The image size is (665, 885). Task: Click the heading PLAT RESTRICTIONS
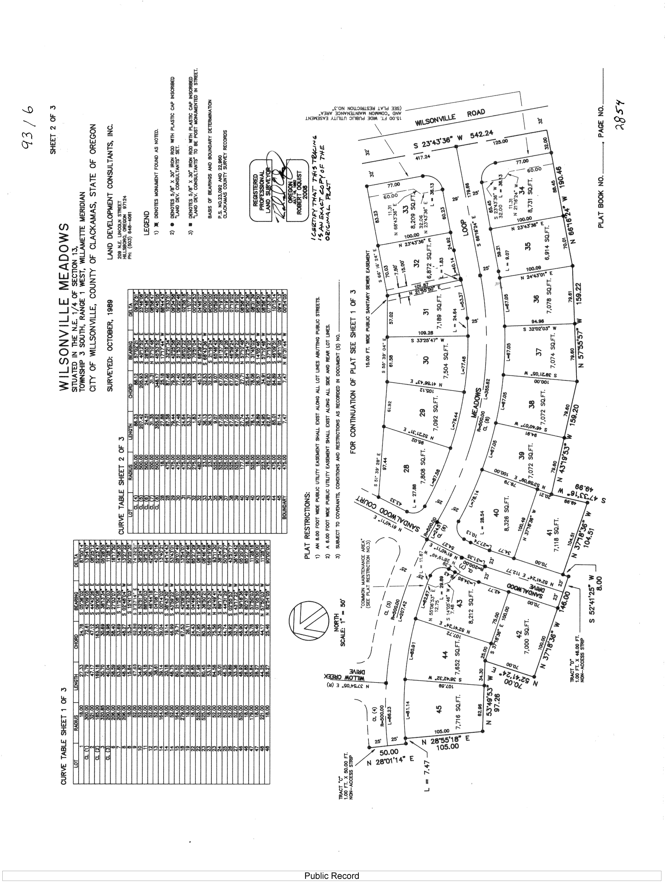tap(307, 524)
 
